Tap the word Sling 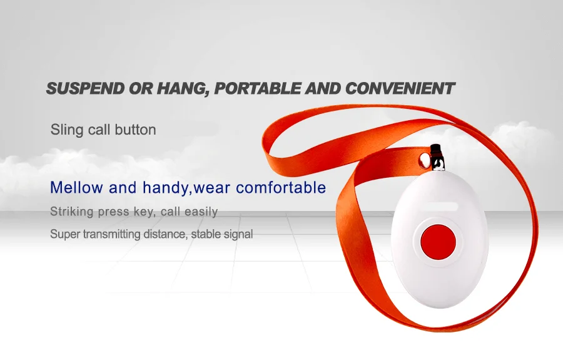coord(64,130)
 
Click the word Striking coord(71,212)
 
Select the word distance coord(165,235)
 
